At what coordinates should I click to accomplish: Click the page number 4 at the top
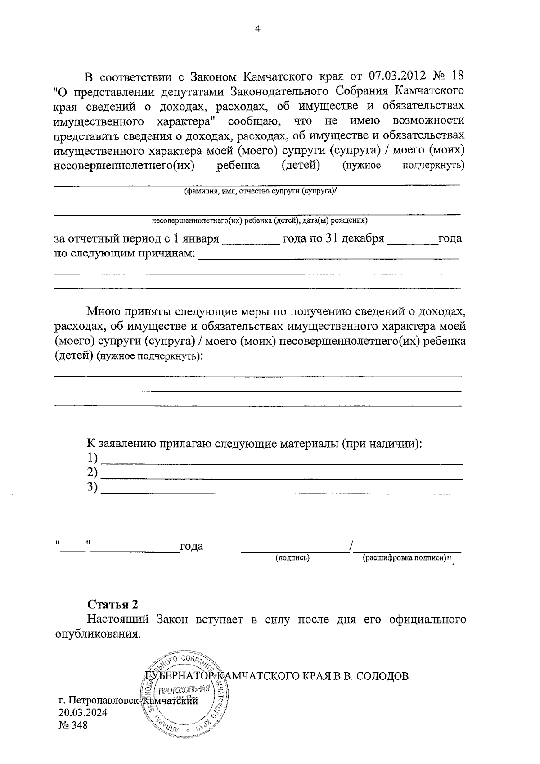pyautogui.click(x=258, y=29)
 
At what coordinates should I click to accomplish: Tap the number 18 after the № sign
pyautogui.click(x=457, y=75)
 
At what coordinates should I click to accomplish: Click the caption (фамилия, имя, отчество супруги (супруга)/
pyautogui.click(x=261, y=191)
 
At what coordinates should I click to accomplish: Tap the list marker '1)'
pyautogui.click(x=92, y=458)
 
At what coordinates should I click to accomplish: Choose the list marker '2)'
pyautogui.click(x=92, y=472)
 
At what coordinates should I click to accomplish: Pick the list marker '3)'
pyautogui.click(x=92, y=487)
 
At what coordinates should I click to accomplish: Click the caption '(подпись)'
pyautogui.click(x=292, y=558)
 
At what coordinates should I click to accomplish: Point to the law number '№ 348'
pyautogui.click(x=73, y=725)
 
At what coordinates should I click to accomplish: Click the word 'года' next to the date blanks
pyautogui.click(x=191, y=547)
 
